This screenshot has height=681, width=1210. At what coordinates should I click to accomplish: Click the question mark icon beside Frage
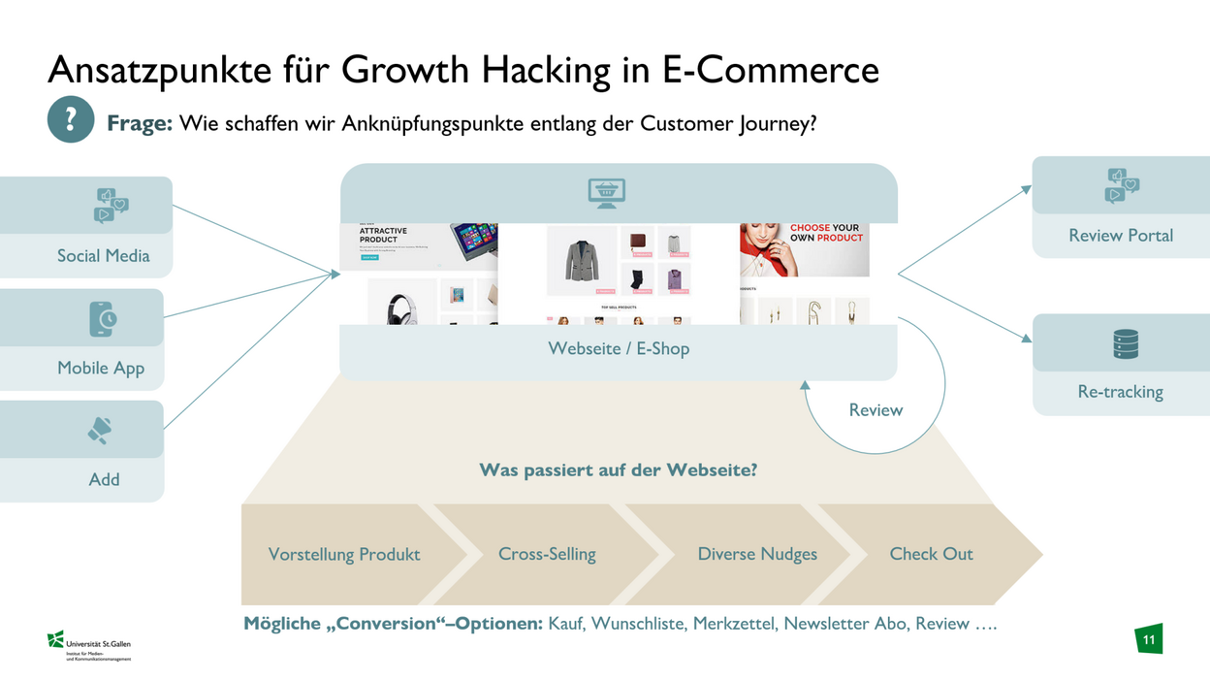click(71, 120)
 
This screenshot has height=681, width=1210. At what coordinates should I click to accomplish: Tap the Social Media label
click(103, 256)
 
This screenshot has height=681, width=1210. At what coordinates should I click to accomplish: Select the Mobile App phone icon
click(103, 319)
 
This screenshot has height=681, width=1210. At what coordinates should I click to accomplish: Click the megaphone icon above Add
click(100, 431)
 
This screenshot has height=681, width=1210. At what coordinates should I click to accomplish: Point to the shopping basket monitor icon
click(607, 192)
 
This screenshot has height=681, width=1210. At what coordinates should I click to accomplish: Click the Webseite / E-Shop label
click(619, 349)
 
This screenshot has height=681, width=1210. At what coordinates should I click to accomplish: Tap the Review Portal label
click(1120, 236)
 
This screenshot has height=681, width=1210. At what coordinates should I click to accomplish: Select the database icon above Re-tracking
click(1125, 344)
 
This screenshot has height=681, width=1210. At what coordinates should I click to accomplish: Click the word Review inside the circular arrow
click(876, 410)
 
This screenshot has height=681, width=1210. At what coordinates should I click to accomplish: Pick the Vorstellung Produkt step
click(344, 555)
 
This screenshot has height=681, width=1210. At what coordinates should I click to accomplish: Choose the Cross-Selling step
click(547, 555)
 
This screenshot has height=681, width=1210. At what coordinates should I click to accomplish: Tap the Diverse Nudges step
click(757, 555)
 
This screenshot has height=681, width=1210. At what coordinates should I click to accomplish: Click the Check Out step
click(931, 555)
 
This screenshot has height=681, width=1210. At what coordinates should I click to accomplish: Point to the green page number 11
click(1149, 640)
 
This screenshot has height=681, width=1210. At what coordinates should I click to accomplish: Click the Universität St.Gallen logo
click(89, 644)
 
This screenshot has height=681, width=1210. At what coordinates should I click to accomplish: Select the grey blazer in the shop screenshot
click(582, 260)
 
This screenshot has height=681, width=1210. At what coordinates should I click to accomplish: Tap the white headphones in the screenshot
click(400, 307)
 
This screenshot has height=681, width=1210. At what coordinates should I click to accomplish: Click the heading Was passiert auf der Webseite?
click(618, 470)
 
